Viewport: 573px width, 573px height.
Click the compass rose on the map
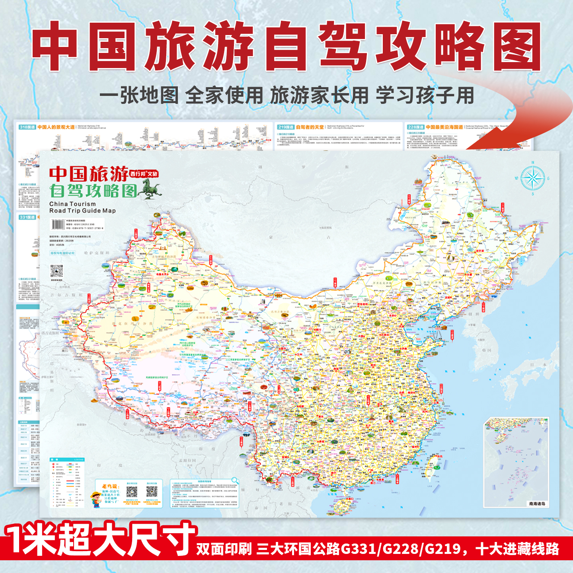click(x=533, y=178)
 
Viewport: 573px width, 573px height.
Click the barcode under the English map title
click(x=58, y=224)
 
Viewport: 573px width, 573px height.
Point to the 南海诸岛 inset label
click(x=537, y=503)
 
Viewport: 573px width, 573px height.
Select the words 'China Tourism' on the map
click(x=72, y=204)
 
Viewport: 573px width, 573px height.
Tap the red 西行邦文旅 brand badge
click(x=144, y=173)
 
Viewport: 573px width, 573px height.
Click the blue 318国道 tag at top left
click(x=27, y=127)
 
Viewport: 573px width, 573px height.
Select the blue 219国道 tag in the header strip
click(x=286, y=127)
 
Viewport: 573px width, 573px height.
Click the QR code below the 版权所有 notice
click(x=57, y=272)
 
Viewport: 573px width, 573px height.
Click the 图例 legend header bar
click(x=67, y=460)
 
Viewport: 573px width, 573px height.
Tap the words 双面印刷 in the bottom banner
click(x=224, y=549)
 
